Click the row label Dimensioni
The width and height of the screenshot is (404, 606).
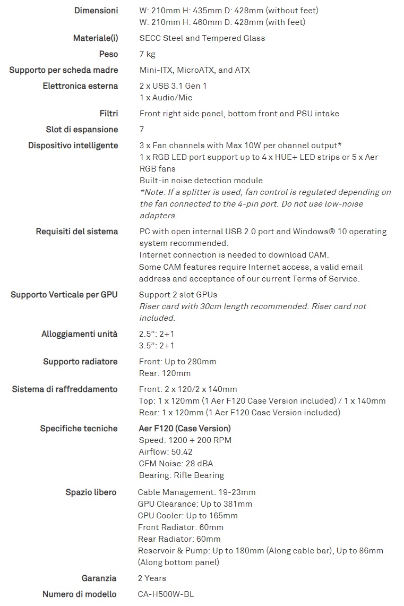point(96,11)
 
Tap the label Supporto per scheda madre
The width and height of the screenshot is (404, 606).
point(64,70)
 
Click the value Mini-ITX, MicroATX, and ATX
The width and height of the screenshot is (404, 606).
point(194,70)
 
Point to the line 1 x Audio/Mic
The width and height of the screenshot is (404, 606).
point(166,98)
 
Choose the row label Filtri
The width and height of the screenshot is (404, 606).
point(109,114)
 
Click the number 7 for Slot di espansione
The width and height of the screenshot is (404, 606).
point(142,130)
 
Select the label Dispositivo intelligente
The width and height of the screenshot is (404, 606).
point(73,146)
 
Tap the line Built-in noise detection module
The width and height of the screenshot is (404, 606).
point(201,181)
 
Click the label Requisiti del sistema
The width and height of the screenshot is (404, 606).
point(77,232)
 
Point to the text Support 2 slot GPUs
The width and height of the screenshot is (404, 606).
point(178,295)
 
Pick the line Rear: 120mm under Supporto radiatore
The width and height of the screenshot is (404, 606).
point(165,373)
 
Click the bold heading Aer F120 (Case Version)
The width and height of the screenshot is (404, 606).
point(185,429)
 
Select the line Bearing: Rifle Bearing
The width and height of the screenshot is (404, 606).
point(182,475)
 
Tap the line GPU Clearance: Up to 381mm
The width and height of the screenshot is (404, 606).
point(195,504)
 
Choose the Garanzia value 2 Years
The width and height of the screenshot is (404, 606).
point(152,578)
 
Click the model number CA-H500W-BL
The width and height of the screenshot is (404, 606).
point(166,594)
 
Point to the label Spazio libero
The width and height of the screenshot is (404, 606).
point(91,492)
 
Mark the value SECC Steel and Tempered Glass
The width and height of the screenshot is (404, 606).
point(202,38)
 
